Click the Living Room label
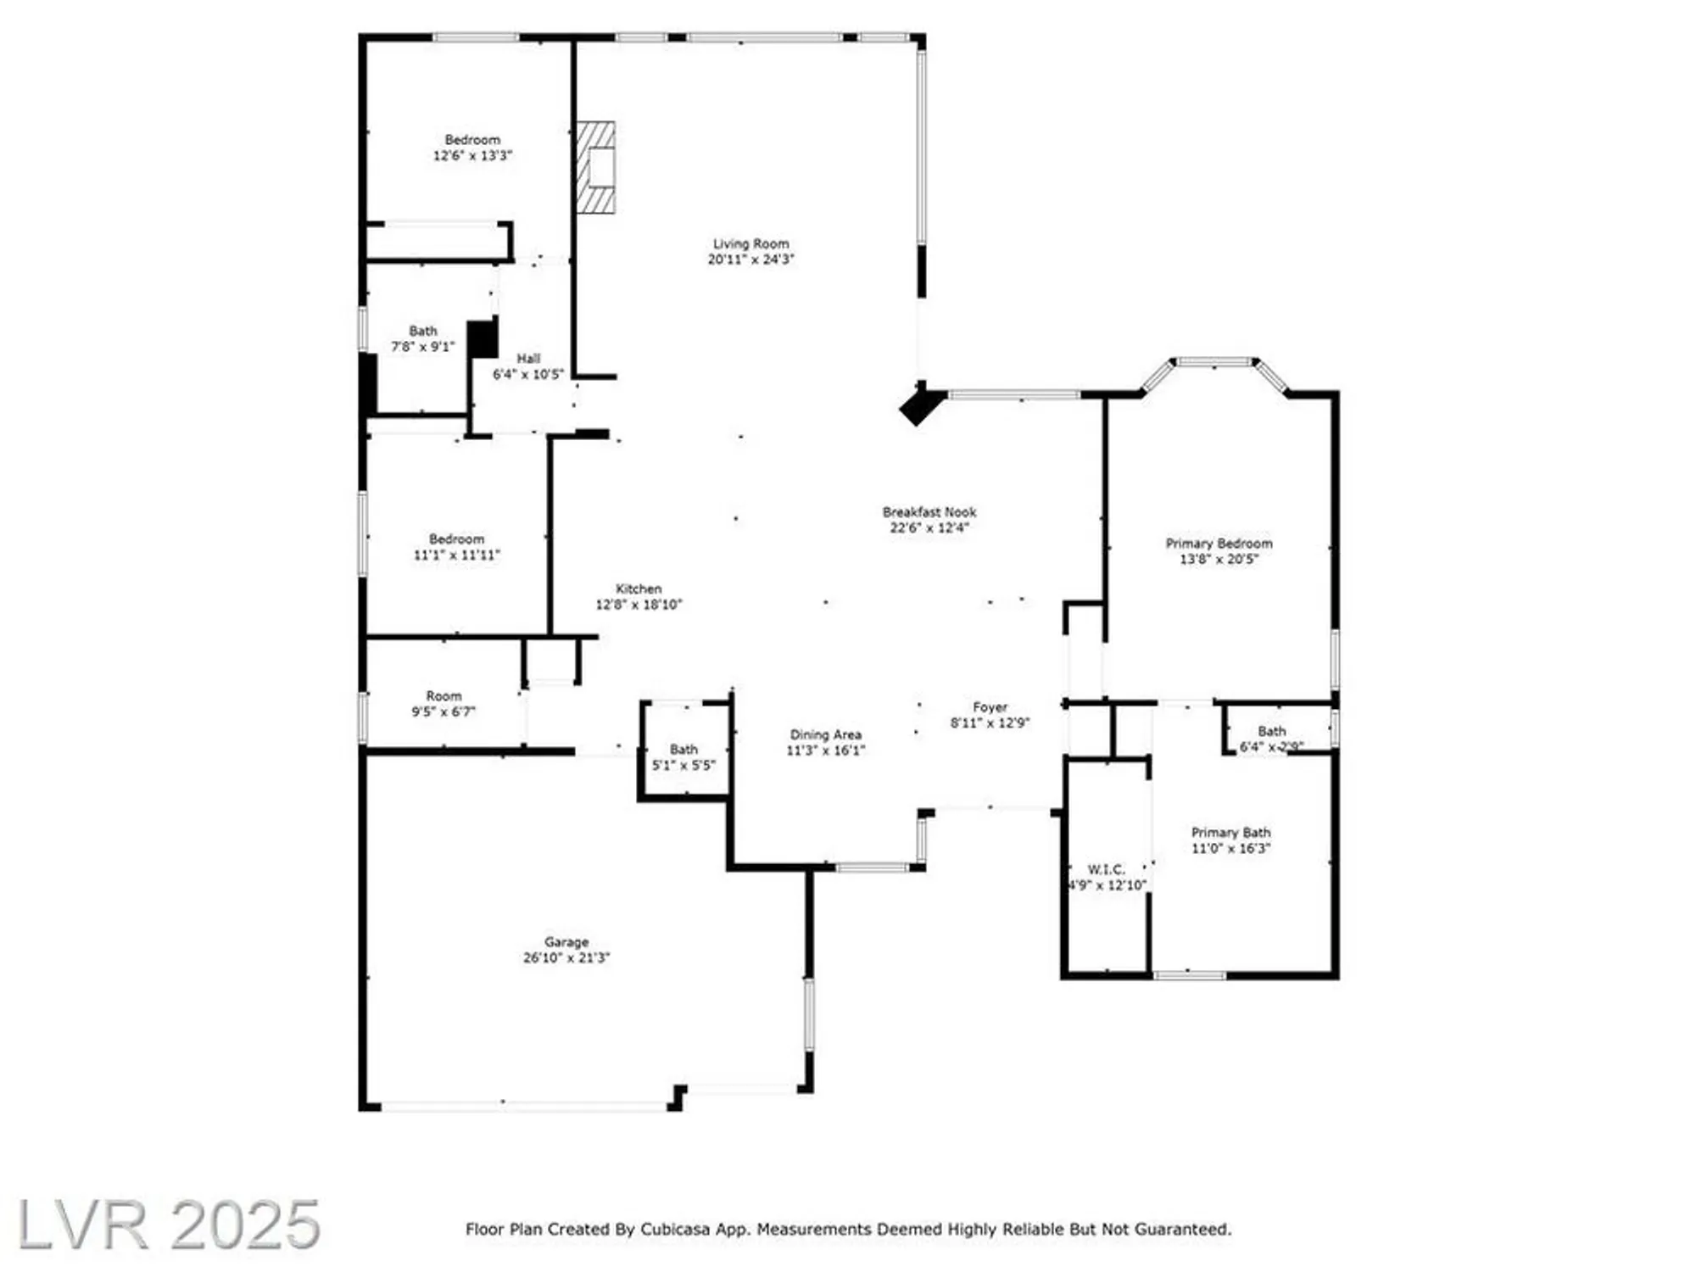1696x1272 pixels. tap(750, 243)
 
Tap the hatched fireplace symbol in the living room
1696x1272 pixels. tap(596, 167)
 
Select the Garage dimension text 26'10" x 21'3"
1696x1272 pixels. tap(566, 957)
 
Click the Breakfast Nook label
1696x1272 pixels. tap(929, 512)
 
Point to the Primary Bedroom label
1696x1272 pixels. tap(1219, 544)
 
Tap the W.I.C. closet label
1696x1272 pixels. tap(1106, 869)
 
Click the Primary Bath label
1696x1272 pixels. tap(1230, 833)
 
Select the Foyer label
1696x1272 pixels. tap(990, 707)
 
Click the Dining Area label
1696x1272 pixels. tap(825, 735)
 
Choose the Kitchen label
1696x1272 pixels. tap(639, 589)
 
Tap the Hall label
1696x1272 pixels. tap(528, 359)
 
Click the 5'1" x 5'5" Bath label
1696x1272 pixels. tap(683, 757)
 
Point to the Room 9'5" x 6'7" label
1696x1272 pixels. tap(444, 704)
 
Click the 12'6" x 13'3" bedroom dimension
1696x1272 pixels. tap(472, 156)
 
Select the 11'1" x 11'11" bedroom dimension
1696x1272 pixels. tap(456, 555)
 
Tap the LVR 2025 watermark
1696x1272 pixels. tap(168, 1224)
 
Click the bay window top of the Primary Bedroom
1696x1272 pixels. tap(1214, 362)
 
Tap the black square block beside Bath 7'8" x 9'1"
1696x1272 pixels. tap(483, 338)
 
